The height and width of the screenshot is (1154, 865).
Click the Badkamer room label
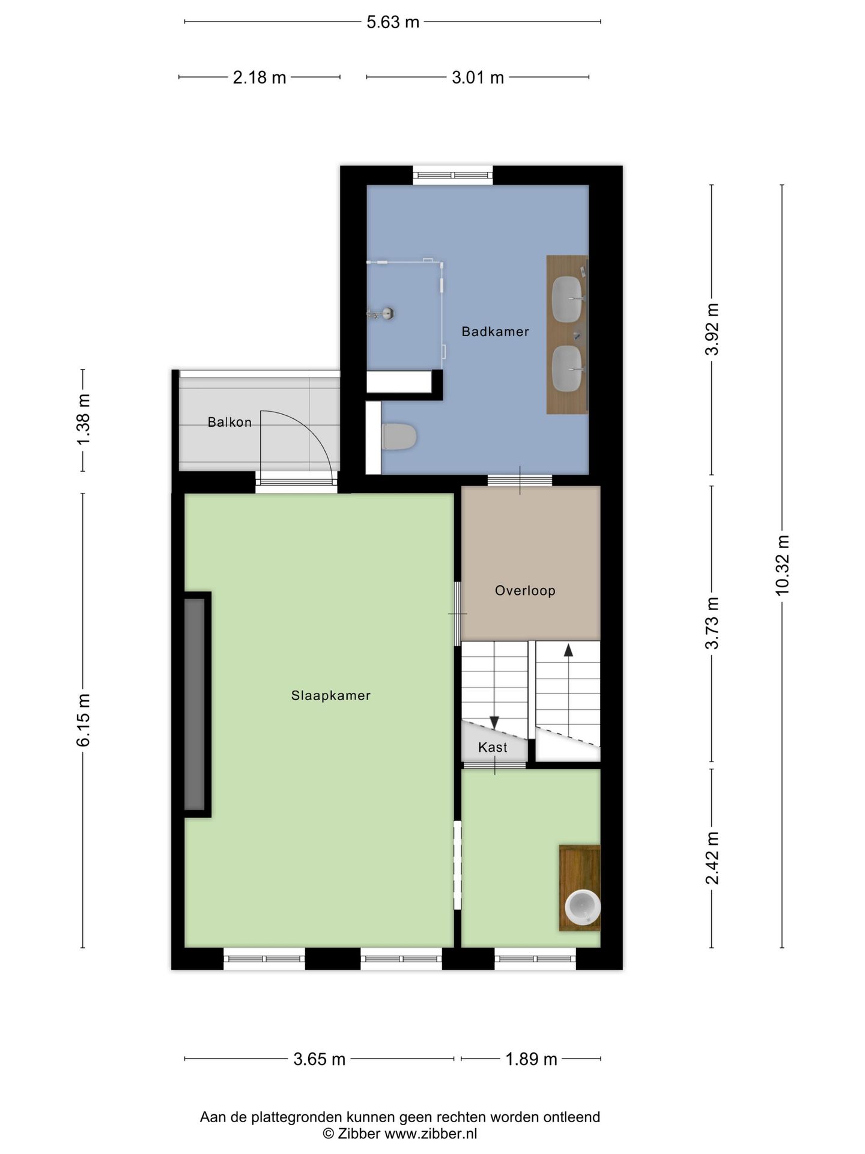tap(495, 331)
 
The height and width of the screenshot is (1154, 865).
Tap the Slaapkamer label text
tap(331, 695)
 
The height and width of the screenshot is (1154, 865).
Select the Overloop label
tap(525, 591)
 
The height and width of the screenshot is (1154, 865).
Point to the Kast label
tap(493, 747)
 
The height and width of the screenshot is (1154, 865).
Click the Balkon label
tap(229, 423)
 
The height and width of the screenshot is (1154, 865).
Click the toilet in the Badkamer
tap(399, 436)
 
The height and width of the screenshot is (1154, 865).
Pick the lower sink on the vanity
tap(568, 368)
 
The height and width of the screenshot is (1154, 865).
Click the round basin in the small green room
tap(583, 908)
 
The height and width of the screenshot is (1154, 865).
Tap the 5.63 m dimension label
tap(393, 22)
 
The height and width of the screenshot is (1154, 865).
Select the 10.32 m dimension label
tap(782, 566)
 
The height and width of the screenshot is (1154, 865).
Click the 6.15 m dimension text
tap(83, 720)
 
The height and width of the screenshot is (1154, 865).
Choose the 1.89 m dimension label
tap(531, 1059)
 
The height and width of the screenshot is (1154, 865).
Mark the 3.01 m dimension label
tap(478, 78)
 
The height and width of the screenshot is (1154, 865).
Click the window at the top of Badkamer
tap(453, 175)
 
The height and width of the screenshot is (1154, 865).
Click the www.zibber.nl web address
tap(431, 1134)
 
